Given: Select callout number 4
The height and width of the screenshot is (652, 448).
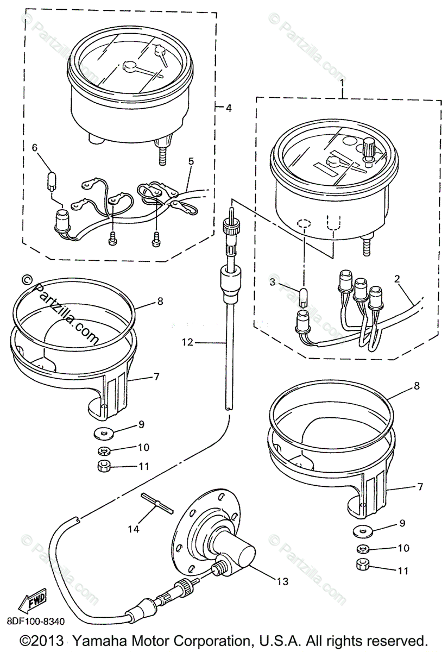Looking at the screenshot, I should coord(229,108).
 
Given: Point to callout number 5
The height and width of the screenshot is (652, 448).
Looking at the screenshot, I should coord(191,161).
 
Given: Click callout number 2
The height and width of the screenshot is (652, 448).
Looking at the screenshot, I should coord(397,279).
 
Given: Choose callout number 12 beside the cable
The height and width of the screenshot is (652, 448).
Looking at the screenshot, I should coord(187,342).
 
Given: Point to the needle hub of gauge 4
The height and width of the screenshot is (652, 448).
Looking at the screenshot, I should coord(130,66).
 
